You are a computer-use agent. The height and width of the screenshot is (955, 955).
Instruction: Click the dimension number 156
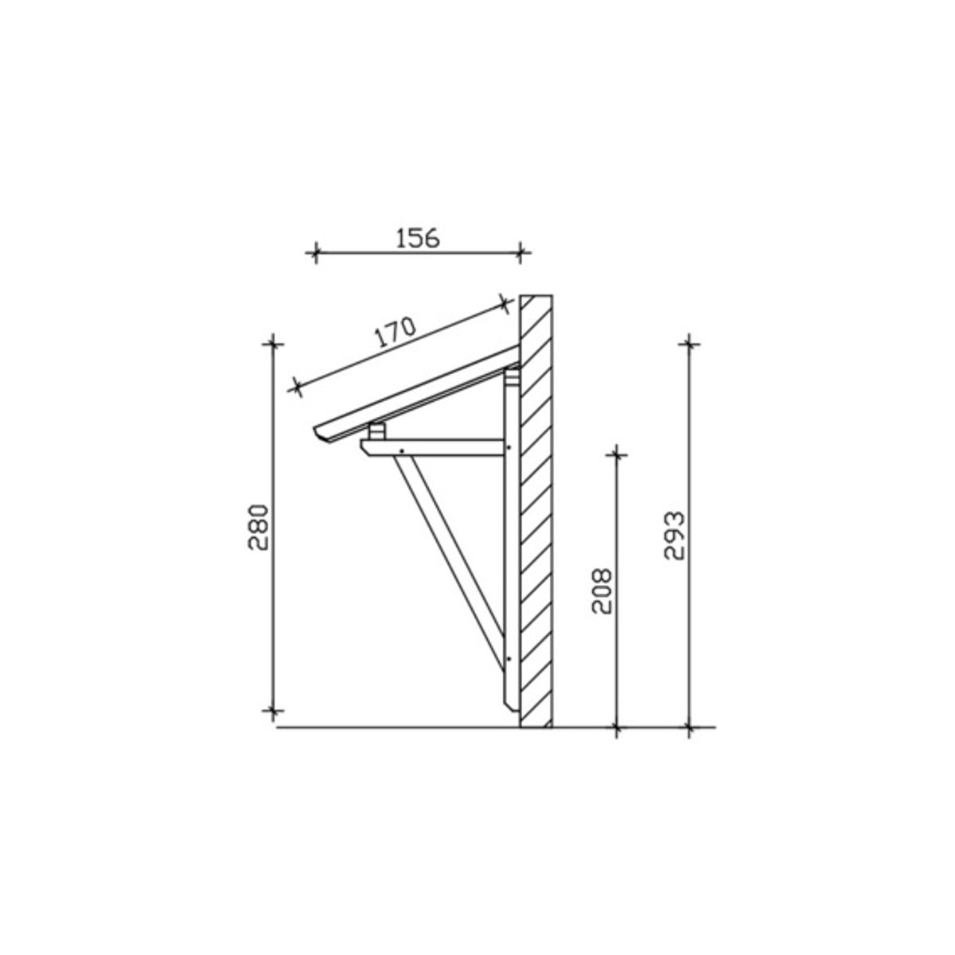click(x=418, y=239)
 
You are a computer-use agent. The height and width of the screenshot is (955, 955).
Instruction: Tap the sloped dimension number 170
click(x=395, y=332)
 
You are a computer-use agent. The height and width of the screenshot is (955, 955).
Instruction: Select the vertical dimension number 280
click(x=258, y=528)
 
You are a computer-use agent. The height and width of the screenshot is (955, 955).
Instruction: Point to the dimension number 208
click(x=602, y=591)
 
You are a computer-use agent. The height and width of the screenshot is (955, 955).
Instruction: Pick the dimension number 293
click(x=675, y=536)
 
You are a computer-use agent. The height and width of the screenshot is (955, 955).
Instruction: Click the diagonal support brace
click(x=450, y=563)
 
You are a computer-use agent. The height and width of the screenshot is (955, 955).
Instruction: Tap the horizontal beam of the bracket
click(x=432, y=447)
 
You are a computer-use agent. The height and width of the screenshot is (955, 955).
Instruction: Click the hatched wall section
click(x=536, y=511)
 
